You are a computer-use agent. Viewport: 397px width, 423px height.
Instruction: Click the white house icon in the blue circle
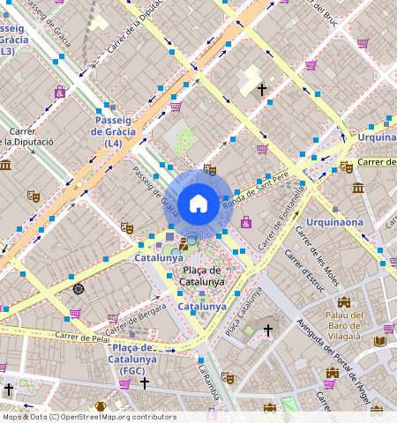pyautogui.click(x=198, y=204)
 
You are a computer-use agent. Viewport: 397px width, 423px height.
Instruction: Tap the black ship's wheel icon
pyautogui.click(x=79, y=288)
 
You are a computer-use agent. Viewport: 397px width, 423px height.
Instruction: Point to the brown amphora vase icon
pyautogui.click(x=101, y=406)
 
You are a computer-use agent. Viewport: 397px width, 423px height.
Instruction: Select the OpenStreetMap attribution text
pyautogui.click(x=88, y=417)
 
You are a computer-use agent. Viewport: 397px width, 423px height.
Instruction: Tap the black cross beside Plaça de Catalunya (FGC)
pyautogui.click(x=145, y=383)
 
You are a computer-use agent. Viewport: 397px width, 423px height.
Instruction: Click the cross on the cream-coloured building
pyautogui.click(x=261, y=89)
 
